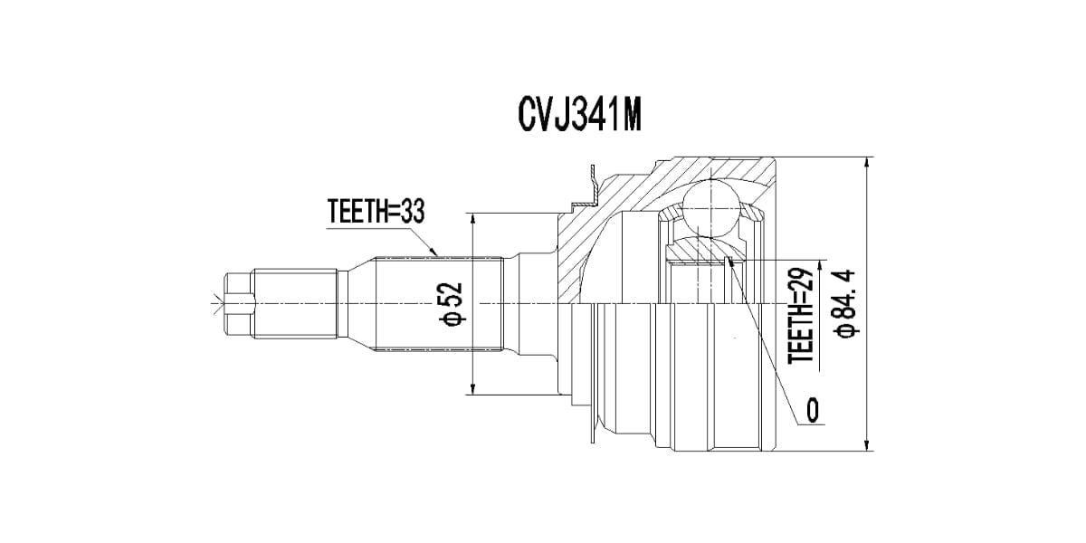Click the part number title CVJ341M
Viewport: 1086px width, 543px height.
pos(580,117)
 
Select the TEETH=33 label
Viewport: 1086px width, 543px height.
pos(376,212)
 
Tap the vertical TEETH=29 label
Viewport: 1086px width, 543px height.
pos(800,316)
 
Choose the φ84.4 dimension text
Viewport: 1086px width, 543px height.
pos(845,303)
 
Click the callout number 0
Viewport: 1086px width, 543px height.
pos(812,410)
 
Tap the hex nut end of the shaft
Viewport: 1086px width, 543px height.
pos(239,304)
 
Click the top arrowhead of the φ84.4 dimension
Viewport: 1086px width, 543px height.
pos(867,164)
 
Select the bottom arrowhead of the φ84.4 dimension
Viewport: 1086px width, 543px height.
pos(867,444)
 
